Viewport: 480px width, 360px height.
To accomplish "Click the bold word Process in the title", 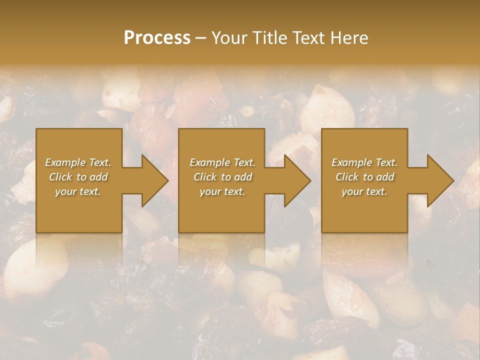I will [x=157, y=38].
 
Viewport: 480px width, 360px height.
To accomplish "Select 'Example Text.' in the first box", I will [x=78, y=162].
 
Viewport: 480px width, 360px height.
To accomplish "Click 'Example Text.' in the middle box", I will [x=222, y=162].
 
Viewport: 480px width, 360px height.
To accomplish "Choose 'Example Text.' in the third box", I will [x=364, y=162].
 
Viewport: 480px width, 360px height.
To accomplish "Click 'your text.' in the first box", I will [x=78, y=191].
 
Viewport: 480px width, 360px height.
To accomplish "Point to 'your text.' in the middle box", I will [x=222, y=191].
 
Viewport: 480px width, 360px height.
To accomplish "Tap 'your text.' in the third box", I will [x=364, y=191].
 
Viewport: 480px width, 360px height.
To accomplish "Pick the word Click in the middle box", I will [x=205, y=177].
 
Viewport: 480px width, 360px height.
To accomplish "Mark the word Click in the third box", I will [x=347, y=177].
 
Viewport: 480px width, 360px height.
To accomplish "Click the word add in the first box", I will [x=99, y=177].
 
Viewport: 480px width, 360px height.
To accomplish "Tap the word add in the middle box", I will [x=243, y=177].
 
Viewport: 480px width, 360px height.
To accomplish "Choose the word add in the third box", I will [x=385, y=177].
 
